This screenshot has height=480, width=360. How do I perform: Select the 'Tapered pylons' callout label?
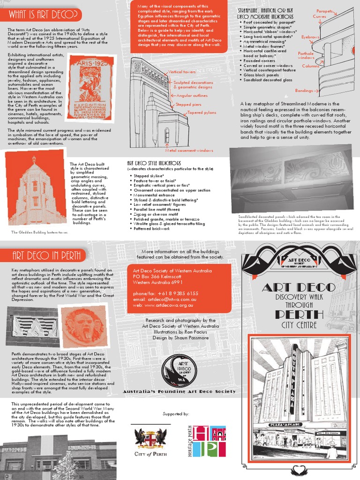tap(202, 113)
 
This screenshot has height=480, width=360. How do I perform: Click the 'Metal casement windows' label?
tap(189, 150)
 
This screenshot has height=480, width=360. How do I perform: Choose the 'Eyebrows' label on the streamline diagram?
tap(310, 37)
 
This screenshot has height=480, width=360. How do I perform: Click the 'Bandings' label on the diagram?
tap(304, 90)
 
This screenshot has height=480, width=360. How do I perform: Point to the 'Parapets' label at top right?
tap(324, 10)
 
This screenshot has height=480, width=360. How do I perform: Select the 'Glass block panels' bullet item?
tap(261, 75)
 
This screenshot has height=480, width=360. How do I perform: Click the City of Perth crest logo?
tap(150, 439)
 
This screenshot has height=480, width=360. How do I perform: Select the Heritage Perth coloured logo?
tap(210, 441)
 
